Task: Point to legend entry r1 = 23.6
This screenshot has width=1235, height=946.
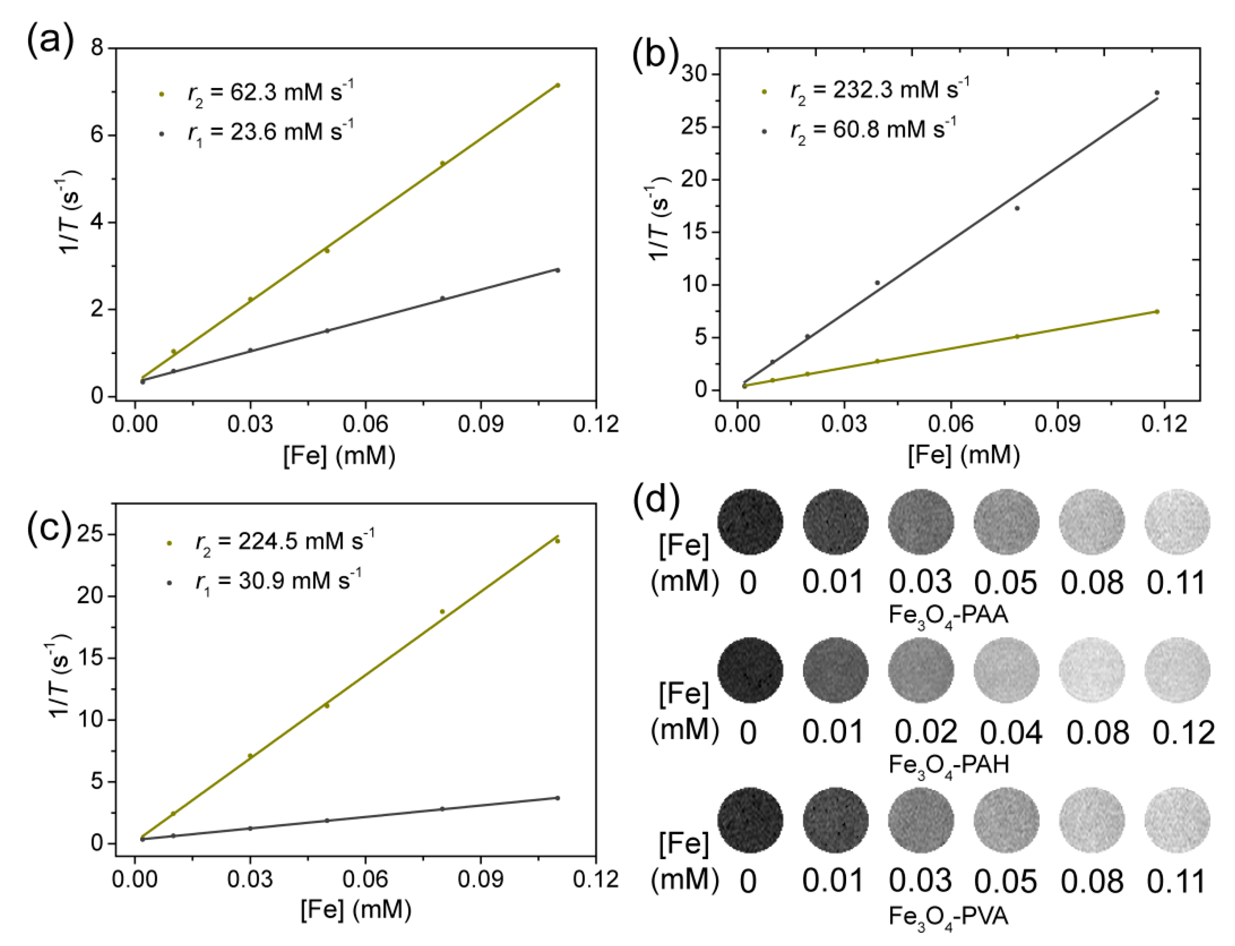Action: tap(270, 133)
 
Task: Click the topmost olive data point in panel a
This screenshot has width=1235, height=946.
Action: tap(557, 85)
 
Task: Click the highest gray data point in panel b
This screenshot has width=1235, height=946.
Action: tap(1157, 92)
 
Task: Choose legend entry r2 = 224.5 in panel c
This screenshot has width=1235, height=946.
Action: tap(284, 541)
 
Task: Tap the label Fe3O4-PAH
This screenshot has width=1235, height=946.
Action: tap(949, 765)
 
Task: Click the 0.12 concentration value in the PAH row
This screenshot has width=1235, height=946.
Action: tap(1182, 732)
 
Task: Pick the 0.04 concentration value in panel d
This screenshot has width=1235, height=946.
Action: tap(1010, 732)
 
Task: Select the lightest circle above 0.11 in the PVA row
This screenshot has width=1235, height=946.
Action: tap(1177, 820)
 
